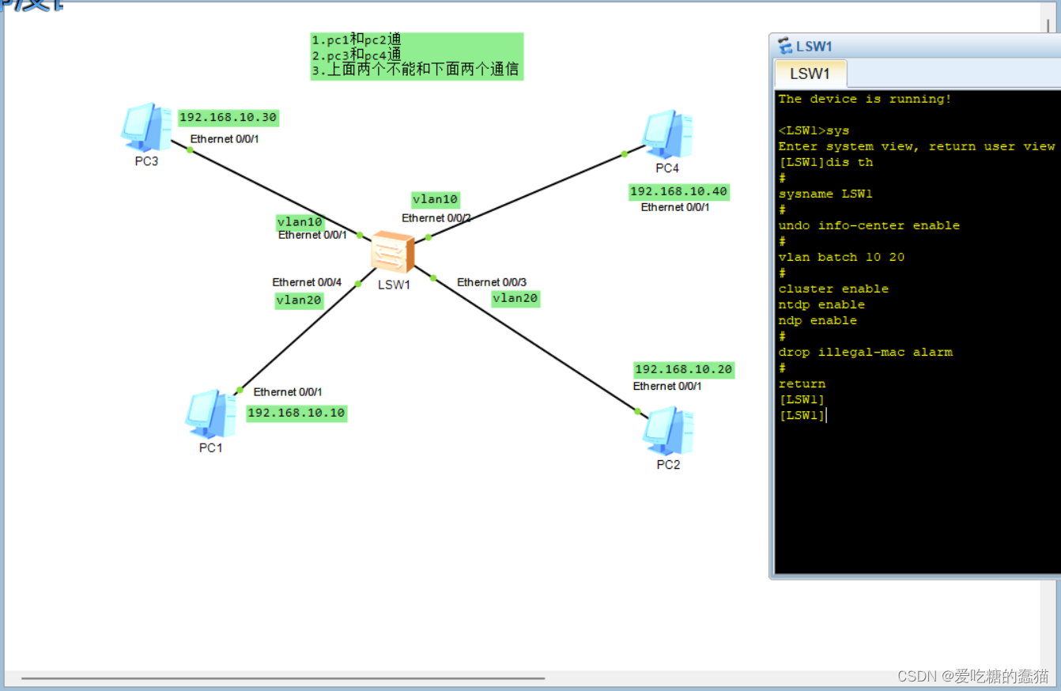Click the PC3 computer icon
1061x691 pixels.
[x=146, y=126]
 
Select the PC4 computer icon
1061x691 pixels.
[x=667, y=134]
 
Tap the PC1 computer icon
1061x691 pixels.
[x=210, y=413]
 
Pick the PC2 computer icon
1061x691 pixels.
[x=668, y=431]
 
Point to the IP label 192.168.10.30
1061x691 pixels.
[x=228, y=118]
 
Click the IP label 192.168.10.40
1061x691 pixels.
[x=678, y=191]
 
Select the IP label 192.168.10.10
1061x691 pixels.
[x=296, y=413]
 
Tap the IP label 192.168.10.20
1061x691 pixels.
[x=683, y=369]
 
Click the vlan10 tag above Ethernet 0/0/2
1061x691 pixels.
[x=435, y=199]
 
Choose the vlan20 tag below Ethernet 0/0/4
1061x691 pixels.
[x=298, y=300]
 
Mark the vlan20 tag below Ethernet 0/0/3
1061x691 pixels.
[x=515, y=298]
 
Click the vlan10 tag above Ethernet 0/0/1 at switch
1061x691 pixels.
[x=300, y=222]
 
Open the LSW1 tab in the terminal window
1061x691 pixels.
[x=810, y=74]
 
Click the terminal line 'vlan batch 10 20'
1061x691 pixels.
[x=841, y=257]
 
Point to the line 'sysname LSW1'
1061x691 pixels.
[x=825, y=194]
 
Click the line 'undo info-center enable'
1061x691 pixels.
[x=868, y=225]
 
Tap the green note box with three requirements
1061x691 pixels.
[x=416, y=56]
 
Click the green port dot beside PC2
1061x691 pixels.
[x=637, y=411]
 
